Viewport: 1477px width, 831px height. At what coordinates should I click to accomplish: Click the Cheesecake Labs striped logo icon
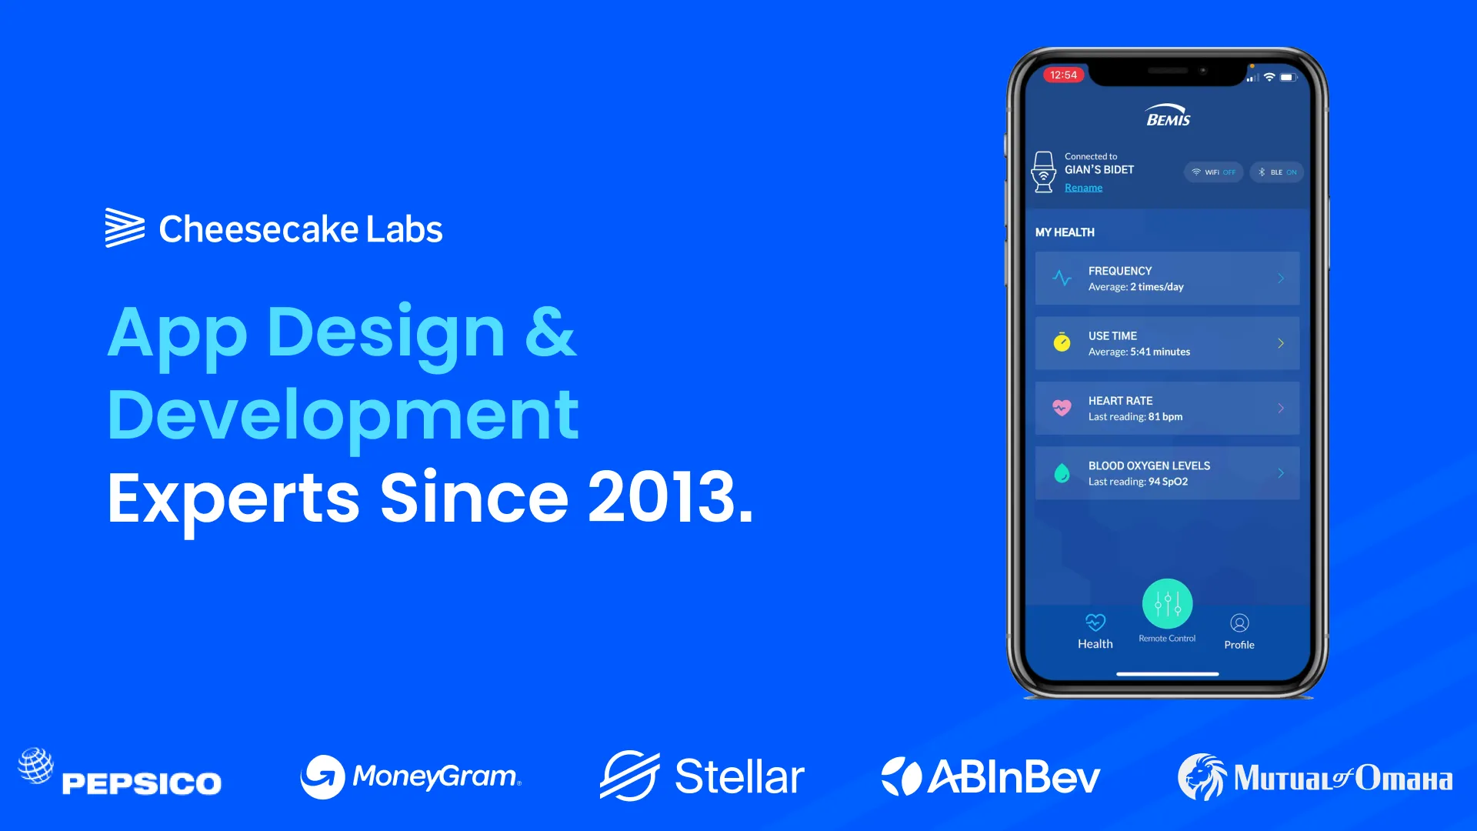click(125, 228)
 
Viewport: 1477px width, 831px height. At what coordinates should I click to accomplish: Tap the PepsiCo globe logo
click(35, 766)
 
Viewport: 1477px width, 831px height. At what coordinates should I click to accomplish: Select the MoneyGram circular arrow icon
click(322, 776)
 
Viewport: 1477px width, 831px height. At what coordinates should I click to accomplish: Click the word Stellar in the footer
click(739, 776)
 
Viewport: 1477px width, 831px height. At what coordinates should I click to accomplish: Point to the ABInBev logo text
click(1014, 777)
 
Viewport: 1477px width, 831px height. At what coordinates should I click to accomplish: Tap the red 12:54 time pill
click(1063, 75)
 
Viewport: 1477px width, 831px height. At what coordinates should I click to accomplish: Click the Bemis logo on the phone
click(1168, 115)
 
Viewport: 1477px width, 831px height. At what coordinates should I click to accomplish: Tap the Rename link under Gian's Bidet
click(1083, 188)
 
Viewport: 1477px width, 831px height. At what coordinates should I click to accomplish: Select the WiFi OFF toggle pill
click(1214, 172)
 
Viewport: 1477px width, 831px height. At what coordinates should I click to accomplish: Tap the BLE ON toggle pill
click(1277, 172)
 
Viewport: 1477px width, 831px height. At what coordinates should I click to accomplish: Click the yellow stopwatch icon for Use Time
click(1062, 342)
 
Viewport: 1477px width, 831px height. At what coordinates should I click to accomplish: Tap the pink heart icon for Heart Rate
click(1062, 408)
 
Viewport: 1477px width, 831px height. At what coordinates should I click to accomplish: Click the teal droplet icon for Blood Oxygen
click(1062, 473)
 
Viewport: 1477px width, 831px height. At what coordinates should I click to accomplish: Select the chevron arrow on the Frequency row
click(1281, 279)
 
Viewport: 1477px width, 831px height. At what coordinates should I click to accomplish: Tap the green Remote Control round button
click(1167, 603)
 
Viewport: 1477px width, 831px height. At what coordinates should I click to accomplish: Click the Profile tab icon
click(1239, 622)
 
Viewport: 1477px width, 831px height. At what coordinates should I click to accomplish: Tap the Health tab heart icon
click(1095, 622)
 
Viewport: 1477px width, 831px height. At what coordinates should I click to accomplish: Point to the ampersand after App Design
click(550, 332)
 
